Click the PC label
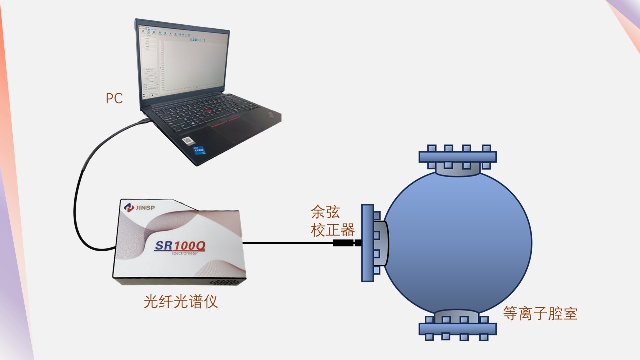(114, 98)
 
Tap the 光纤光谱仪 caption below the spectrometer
(181, 302)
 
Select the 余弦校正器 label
(332, 221)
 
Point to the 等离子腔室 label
(540, 314)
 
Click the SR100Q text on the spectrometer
(180, 245)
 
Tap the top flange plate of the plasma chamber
(457, 157)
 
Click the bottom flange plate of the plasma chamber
(457, 328)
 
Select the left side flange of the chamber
(367, 243)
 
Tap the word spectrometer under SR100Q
(185, 253)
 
